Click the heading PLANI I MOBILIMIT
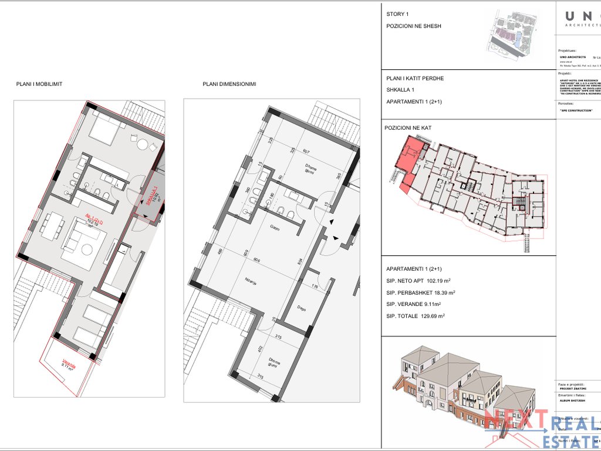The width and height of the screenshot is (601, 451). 39,84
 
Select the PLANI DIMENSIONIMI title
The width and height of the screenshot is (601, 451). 229,84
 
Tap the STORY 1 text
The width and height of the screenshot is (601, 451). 398,14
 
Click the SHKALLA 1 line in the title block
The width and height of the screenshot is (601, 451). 400,90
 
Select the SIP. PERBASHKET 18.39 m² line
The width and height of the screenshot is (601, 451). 421,292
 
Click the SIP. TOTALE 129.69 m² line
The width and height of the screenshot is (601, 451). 415,316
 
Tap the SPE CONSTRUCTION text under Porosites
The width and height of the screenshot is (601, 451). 576,110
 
